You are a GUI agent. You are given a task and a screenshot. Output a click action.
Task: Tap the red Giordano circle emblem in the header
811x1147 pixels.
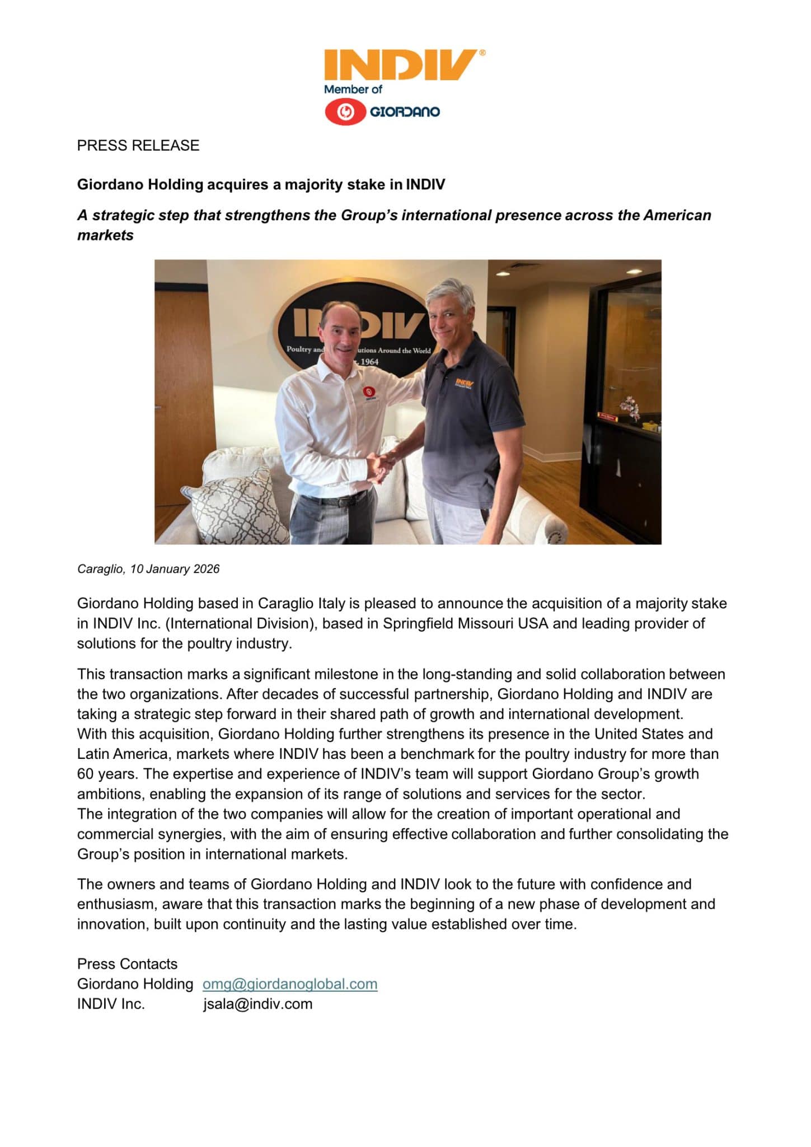click(346, 112)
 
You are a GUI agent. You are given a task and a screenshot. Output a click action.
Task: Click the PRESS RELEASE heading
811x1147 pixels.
click(138, 146)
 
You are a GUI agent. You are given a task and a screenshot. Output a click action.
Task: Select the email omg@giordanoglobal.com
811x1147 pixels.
click(290, 984)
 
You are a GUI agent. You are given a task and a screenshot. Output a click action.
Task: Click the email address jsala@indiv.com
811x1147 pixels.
click(257, 1004)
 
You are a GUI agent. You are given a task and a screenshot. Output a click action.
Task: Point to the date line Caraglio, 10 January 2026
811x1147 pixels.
click(148, 569)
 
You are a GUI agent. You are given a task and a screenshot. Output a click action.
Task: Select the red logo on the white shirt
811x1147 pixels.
click(368, 393)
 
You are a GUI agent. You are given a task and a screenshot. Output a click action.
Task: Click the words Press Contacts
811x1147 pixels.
click(127, 964)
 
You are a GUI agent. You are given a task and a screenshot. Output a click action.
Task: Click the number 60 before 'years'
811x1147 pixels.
click(86, 774)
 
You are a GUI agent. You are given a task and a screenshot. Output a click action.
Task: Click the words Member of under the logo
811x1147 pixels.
click(353, 89)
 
